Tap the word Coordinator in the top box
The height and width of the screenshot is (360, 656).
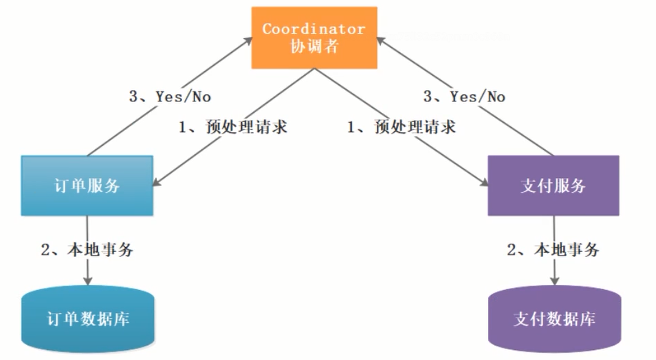(x=314, y=29)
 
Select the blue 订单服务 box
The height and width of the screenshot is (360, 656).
(x=87, y=186)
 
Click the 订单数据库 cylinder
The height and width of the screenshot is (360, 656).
(x=87, y=319)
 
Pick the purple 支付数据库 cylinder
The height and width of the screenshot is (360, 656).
(x=553, y=319)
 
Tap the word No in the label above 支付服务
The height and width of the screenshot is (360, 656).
(x=495, y=96)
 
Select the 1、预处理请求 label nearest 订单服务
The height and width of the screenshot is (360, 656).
(x=232, y=129)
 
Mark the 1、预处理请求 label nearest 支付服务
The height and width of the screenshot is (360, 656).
(x=401, y=129)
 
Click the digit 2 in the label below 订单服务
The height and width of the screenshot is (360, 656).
(x=45, y=251)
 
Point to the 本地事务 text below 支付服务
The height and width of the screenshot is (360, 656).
(x=568, y=251)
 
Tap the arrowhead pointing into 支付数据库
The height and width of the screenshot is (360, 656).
(x=554, y=279)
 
